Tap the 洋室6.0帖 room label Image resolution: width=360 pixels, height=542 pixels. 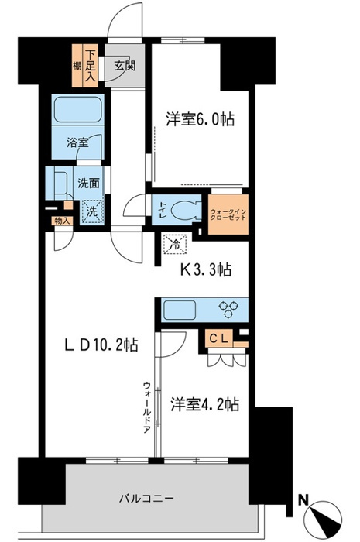click(200, 119)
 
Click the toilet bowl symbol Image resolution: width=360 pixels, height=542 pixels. click(184, 210)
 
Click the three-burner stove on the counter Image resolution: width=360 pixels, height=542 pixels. click(231, 310)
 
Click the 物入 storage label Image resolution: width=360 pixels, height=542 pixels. click(60, 221)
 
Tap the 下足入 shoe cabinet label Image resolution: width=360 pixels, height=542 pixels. click(91, 67)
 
